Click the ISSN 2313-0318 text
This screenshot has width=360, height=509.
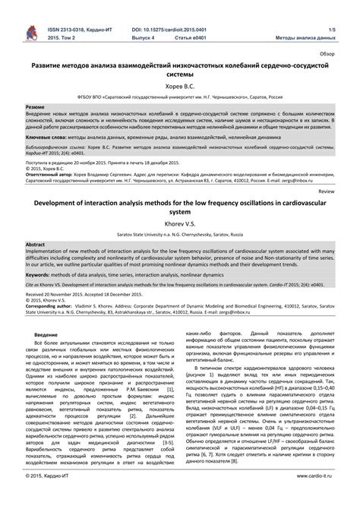click(73, 27)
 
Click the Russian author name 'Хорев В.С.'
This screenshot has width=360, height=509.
click(180, 86)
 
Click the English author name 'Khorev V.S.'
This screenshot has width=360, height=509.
click(180, 225)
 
